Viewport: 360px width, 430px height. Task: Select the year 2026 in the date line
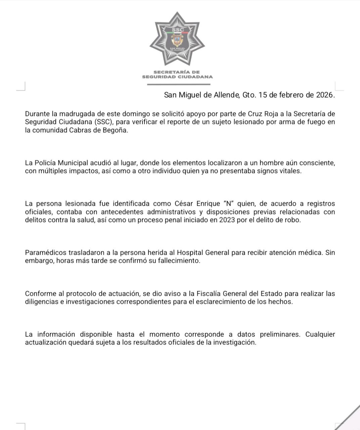(325, 95)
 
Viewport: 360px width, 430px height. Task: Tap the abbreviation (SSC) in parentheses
(104, 122)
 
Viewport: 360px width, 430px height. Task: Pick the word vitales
(289, 171)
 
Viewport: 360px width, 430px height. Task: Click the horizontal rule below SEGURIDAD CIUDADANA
(179, 84)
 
